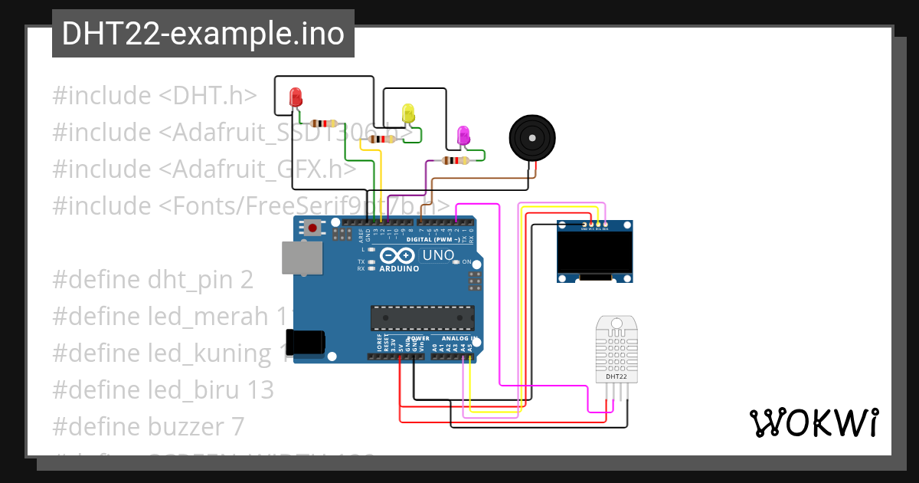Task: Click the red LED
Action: (x=296, y=97)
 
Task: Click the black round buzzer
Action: (x=531, y=138)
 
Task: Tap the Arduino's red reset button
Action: (x=312, y=227)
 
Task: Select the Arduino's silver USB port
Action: (x=301, y=258)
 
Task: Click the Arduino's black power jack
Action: (x=304, y=342)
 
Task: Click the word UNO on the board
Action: (x=438, y=255)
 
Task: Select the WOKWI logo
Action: (x=813, y=422)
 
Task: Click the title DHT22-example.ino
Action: (x=203, y=34)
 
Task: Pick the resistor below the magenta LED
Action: (x=456, y=160)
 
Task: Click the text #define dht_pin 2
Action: (x=152, y=280)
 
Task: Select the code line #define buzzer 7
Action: (x=148, y=426)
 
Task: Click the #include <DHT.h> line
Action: (x=154, y=96)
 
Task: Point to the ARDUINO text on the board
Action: (x=399, y=269)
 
